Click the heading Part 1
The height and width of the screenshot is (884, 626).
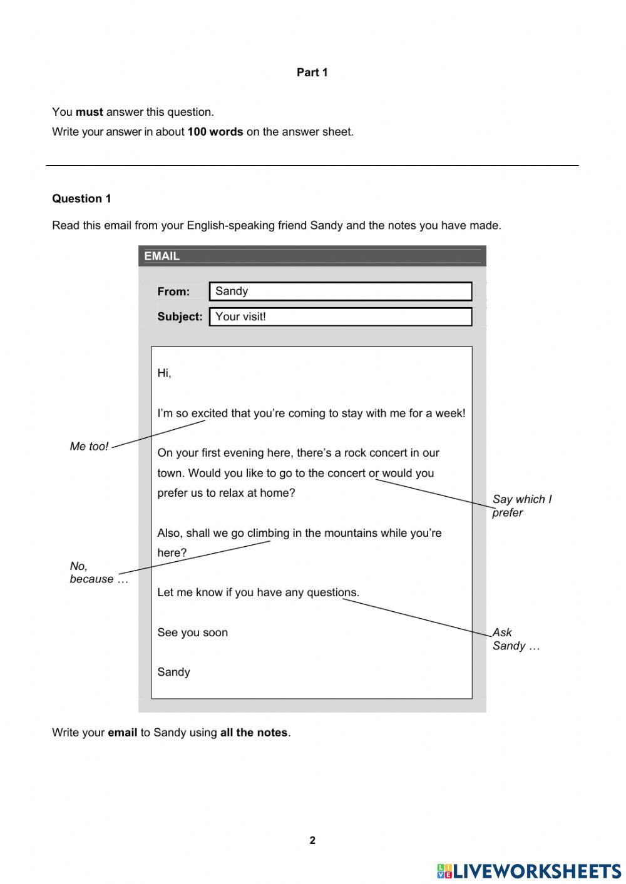click(x=312, y=73)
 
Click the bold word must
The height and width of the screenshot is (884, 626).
click(x=89, y=112)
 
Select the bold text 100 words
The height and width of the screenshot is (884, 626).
click(x=215, y=132)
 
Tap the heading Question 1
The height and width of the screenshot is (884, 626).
click(x=81, y=199)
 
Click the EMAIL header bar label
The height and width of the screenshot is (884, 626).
click(x=162, y=256)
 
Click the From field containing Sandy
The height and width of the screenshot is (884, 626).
click(x=340, y=292)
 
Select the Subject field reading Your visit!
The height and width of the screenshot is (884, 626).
click(x=340, y=317)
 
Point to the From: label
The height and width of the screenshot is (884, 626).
click(x=173, y=292)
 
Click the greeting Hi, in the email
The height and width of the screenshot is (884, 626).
click(x=164, y=373)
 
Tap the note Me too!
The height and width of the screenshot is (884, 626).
click(x=89, y=447)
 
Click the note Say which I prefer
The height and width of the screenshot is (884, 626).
click(x=521, y=506)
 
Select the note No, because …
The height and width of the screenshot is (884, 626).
click(x=98, y=573)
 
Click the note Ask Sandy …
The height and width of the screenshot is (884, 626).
click(x=515, y=639)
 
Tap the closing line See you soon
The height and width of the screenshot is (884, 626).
click(x=192, y=633)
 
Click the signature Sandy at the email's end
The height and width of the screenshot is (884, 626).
click(x=173, y=673)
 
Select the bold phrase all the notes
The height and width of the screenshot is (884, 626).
click(x=254, y=733)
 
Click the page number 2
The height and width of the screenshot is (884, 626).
click(x=312, y=841)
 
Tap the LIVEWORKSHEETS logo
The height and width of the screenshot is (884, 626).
click(x=529, y=871)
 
